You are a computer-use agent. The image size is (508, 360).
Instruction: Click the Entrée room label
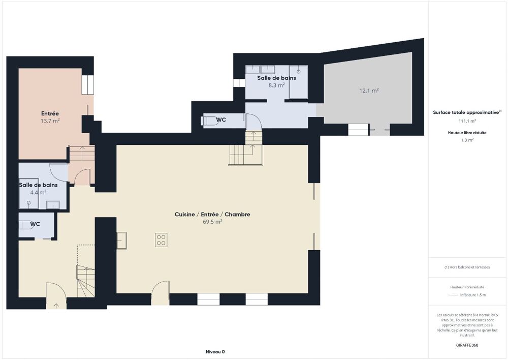(x=50, y=113)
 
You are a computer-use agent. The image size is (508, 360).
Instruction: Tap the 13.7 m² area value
(x=50, y=121)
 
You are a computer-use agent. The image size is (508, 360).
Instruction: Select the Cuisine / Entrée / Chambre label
(x=212, y=215)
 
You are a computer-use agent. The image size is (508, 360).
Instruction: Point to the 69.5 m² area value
(x=212, y=222)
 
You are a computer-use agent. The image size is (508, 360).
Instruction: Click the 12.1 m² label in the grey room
(x=369, y=91)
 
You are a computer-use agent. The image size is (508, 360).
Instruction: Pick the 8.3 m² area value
(x=276, y=85)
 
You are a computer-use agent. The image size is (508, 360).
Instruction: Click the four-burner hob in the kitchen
(x=162, y=240)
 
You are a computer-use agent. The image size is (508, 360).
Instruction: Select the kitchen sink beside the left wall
(x=121, y=240)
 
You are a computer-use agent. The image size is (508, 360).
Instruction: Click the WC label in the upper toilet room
(x=221, y=120)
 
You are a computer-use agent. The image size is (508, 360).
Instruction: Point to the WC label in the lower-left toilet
(x=35, y=224)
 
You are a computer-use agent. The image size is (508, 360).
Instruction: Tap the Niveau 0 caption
(x=215, y=351)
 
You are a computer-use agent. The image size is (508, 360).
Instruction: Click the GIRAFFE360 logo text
(x=467, y=345)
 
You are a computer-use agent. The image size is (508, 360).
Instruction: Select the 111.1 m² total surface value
(x=467, y=121)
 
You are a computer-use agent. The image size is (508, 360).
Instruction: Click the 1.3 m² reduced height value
(x=467, y=140)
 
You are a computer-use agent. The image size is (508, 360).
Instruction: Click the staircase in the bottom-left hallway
(x=86, y=281)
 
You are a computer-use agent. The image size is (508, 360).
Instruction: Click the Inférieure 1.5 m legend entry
(x=473, y=295)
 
